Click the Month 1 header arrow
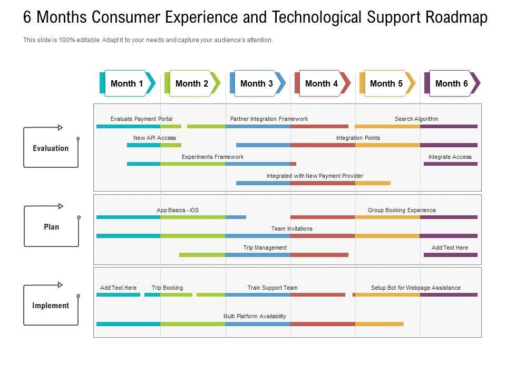click(x=127, y=83)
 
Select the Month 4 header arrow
click(x=322, y=83)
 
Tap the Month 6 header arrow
click(x=452, y=83)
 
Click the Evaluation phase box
click(x=51, y=148)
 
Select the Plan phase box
click(x=51, y=227)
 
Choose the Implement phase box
click(x=51, y=306)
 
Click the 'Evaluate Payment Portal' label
click(x=141, y=119)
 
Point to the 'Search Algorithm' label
click(x=416, y=119)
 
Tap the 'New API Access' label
click(x=154, y=138)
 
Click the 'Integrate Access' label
click(x=450, y=157)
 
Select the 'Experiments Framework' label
click(x=212, y=157)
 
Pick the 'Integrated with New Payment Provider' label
click(x=315, y=176)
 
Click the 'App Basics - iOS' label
click(x=178, y=210)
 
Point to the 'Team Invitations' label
click(x=291, y=229)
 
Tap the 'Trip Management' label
click(x=265, y=248)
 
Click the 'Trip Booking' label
click(x=167, y=288)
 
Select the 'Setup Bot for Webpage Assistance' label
click(x=415, y=288)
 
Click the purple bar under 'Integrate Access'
click(x=450, y=164)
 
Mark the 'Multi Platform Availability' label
click(x=255, y=316)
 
